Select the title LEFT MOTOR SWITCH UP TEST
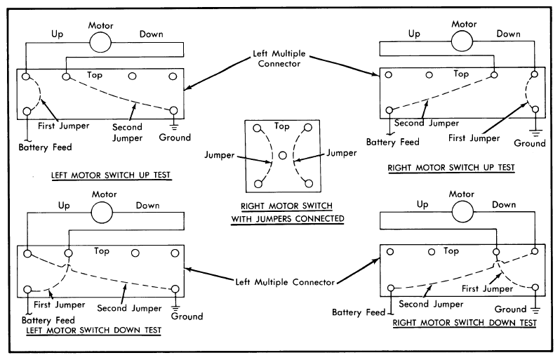click(x=111, y=175)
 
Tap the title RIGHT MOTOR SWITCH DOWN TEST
click(x=465, y=323)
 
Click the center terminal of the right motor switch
click(x=283, y=155)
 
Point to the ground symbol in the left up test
click(x=174, y=126)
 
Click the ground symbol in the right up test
click(x=535, y=133)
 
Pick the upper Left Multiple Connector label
click(x=279, y=58)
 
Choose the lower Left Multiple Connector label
click(x=285, y=282)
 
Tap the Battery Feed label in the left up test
click(x=46, y=147)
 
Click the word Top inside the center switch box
click(x=282, y=126)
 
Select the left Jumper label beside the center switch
click(x=219, y=155)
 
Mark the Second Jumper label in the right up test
click(x=427, y=124)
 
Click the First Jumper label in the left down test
click(x=59, y=305)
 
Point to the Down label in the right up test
click(x=509, y=34)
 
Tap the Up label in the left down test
click(x=64, y=206)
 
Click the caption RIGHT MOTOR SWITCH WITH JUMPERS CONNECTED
click(x=287, y=212)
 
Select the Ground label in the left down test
click(x=187, y=316)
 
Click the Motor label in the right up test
click(x=464, y=25)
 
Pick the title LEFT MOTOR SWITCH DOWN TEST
click(x=94, y=331)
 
